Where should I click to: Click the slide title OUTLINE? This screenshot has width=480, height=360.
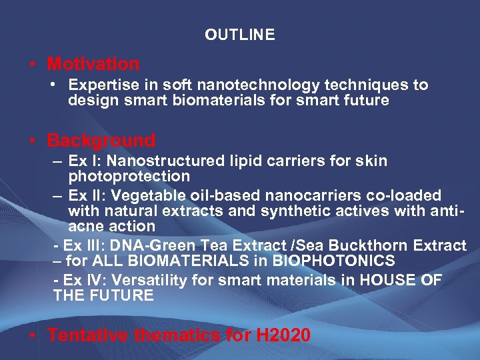(x=239, y=35)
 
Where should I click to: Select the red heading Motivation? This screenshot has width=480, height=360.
(x=93, y=64)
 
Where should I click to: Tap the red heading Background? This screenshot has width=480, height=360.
(x=101, y=141)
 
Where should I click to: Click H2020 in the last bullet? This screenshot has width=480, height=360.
(x=283, y=335)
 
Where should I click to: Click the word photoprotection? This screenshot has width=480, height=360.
(x=129, y=177)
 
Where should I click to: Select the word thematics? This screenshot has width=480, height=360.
(x=177, y=335)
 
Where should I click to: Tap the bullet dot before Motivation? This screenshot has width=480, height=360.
(x=33, y=65)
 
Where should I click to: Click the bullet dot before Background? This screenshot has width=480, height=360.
(x=33, y=141)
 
